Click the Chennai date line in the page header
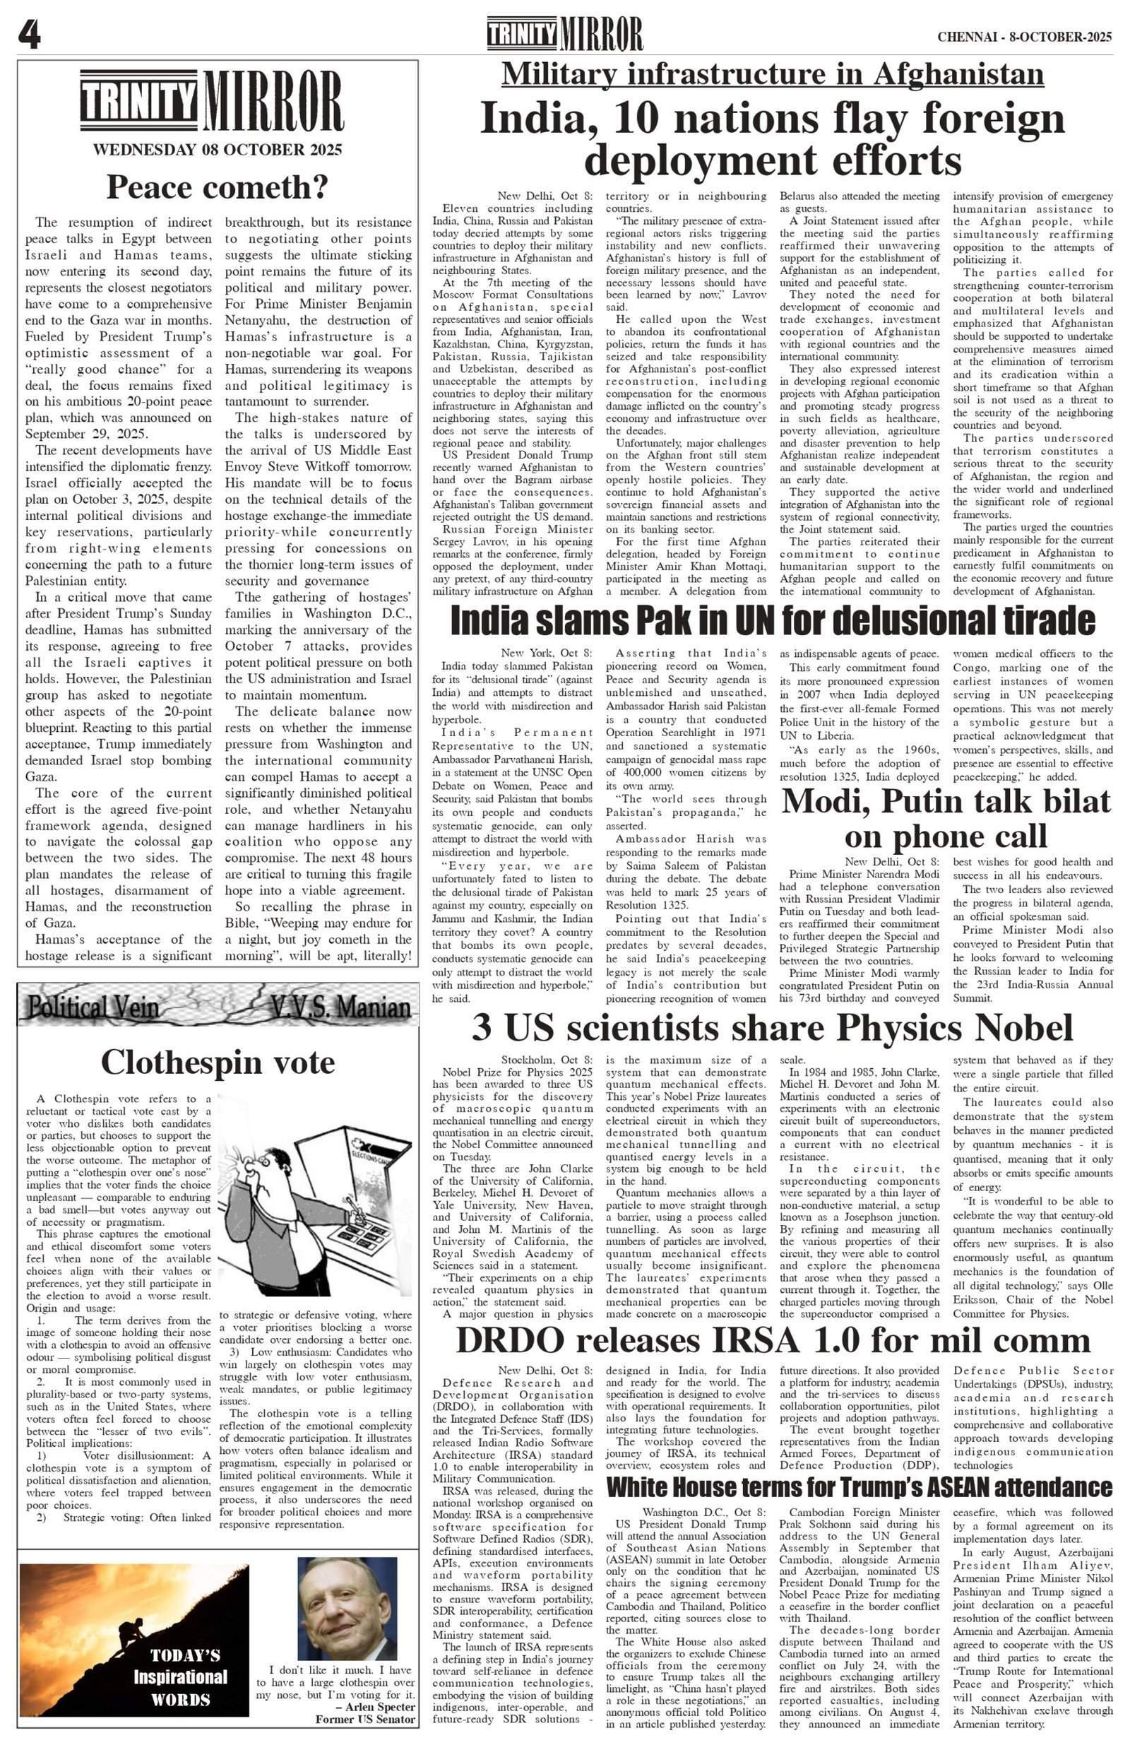point(1024,37)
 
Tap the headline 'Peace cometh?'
point(217,188)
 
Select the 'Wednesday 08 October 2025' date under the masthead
point(217,150)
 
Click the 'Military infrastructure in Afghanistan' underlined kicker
point(773,75)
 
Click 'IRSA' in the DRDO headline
point(756,1340)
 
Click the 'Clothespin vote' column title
point(218,1063)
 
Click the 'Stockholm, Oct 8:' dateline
point(547,1060)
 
